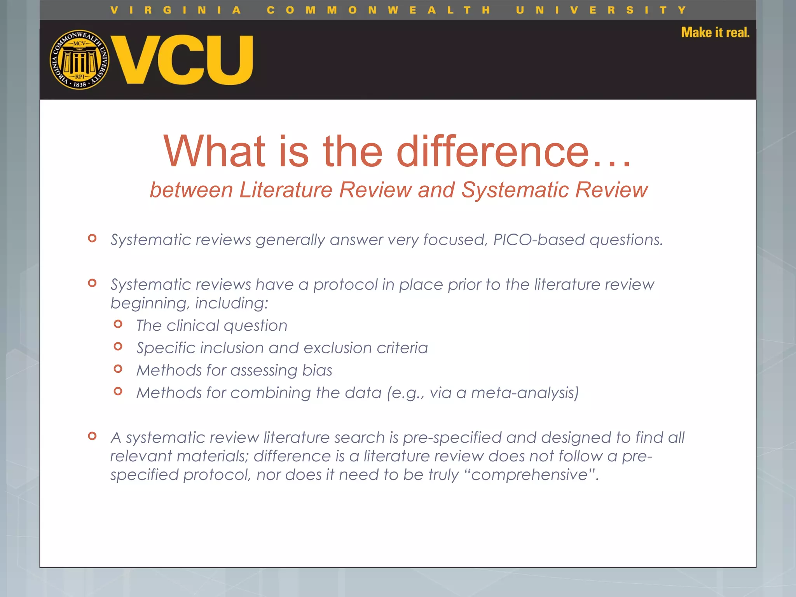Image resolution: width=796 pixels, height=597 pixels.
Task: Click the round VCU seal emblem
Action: pyautogui.click(x=80, y=60)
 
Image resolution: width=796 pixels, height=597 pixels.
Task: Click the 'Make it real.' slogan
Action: pyautogui.click(x=715, y=33)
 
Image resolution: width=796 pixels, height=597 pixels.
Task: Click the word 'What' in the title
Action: pyautogui.click(x=215, y=152)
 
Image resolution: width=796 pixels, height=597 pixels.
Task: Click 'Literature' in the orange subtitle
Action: pyautogui.click(x=286, y=190)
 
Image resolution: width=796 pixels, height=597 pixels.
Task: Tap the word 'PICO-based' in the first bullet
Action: pyautogui.click(x=539, y=240)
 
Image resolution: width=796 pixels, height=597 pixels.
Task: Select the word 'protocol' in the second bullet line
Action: pyautogui.click(x=346, y=285)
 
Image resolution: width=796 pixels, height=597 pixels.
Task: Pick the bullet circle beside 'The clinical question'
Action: pyautogui.click(x=118, y=324)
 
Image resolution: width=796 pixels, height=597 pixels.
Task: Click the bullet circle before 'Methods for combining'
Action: pyautogui.click(x=118, y=391)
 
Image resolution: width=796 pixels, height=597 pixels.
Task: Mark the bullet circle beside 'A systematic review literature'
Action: pyautogui.click(x=92, y=436)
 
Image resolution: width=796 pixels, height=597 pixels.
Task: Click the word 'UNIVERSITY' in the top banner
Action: pyautogui.click(x=601, y=10)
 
